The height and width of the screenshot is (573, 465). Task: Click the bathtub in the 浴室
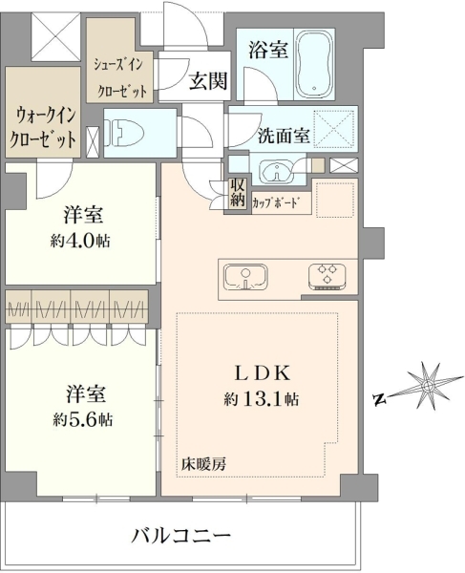click(x=314, y=65)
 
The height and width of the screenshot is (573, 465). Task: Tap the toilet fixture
click(x=121, y=133)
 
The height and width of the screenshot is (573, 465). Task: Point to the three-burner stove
click(x=328, y=277)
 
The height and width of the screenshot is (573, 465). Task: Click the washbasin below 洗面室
click(x=277, y=171)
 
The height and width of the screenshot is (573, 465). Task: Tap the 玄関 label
click(x=208, y=81)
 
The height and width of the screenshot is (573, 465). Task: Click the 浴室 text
click(x=267, y=50)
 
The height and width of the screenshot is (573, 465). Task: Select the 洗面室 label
click(x=284, y=136)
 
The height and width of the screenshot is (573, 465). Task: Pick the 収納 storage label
click(x=237, y=193)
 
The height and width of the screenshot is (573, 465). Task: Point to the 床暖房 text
click(x=203, y=464)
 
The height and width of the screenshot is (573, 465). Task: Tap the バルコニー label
click(x=181, y=536)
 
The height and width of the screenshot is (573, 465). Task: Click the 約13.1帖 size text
click(x=262, y=398)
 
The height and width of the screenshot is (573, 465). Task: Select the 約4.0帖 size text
click(x=80, y=241)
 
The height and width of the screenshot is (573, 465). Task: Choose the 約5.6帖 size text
click(x=82, y=419)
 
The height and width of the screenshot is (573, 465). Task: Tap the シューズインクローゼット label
click(x=120, y=77)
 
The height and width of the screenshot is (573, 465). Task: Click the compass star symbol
click(x=428, y=386)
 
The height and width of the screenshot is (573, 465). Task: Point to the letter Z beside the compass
click(x=380, y=399)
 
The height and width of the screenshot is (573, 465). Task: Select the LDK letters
click(x=263, y=373)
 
